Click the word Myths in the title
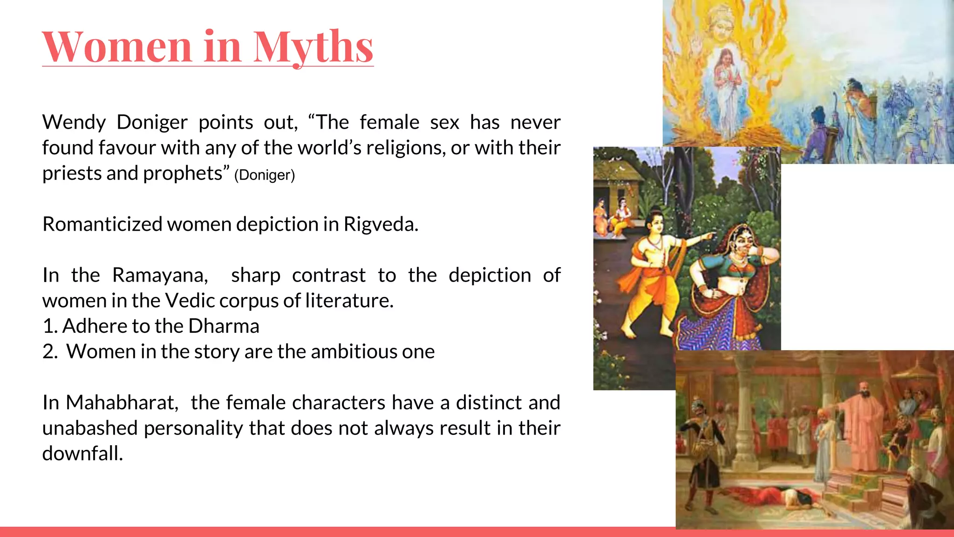pyautogui.click(x=313, y=47)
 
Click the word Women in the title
pyautogui.click(x=117, y=47)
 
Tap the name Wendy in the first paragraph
pyautogui.click(x=74, y=122)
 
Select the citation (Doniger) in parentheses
pyautogui.click(x=265, y=175)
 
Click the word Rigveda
pyautogui.click(x=381, y=224)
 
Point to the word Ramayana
pyautogui.click(x=160, y=275)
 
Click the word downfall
pyautogui.click(x=82, y=453)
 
